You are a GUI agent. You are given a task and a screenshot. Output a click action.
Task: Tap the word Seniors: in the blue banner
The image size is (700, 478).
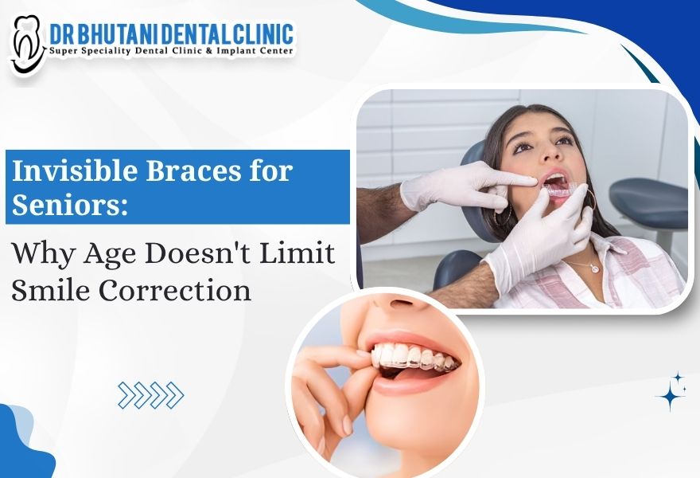(68, 204)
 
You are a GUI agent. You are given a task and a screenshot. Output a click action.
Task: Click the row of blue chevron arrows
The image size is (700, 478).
(150, 394)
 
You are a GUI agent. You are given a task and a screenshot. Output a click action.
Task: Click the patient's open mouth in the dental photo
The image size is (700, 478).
(557, 185)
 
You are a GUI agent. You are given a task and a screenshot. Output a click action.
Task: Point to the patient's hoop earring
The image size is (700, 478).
(590, 202)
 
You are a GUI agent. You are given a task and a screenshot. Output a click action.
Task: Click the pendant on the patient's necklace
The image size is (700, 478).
(593, 268)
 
